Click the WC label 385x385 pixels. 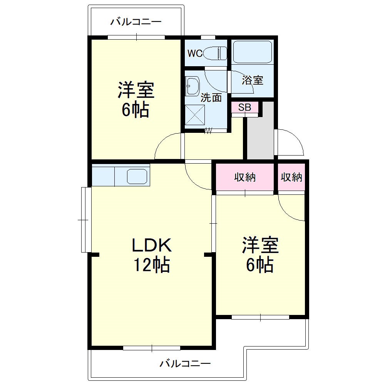(194, 54)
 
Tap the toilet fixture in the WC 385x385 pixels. (214, 53)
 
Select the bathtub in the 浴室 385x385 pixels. (253, 52)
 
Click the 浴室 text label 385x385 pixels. (253, 80)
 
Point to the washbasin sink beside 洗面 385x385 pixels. (192, 86)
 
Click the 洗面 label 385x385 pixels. (211, 98)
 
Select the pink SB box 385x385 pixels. (244, 107)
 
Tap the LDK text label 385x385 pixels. (151, 244)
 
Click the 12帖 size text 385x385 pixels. (151, 265)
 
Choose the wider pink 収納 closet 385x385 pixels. (245, 177)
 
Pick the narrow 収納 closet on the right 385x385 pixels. (291, 177)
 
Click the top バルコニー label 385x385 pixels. (136, 22)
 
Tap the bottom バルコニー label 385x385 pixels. (185, 363)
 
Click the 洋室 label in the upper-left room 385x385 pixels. (136, 91)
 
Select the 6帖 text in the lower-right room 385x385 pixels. (260, 265)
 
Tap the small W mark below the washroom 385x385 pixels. (208, 131)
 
